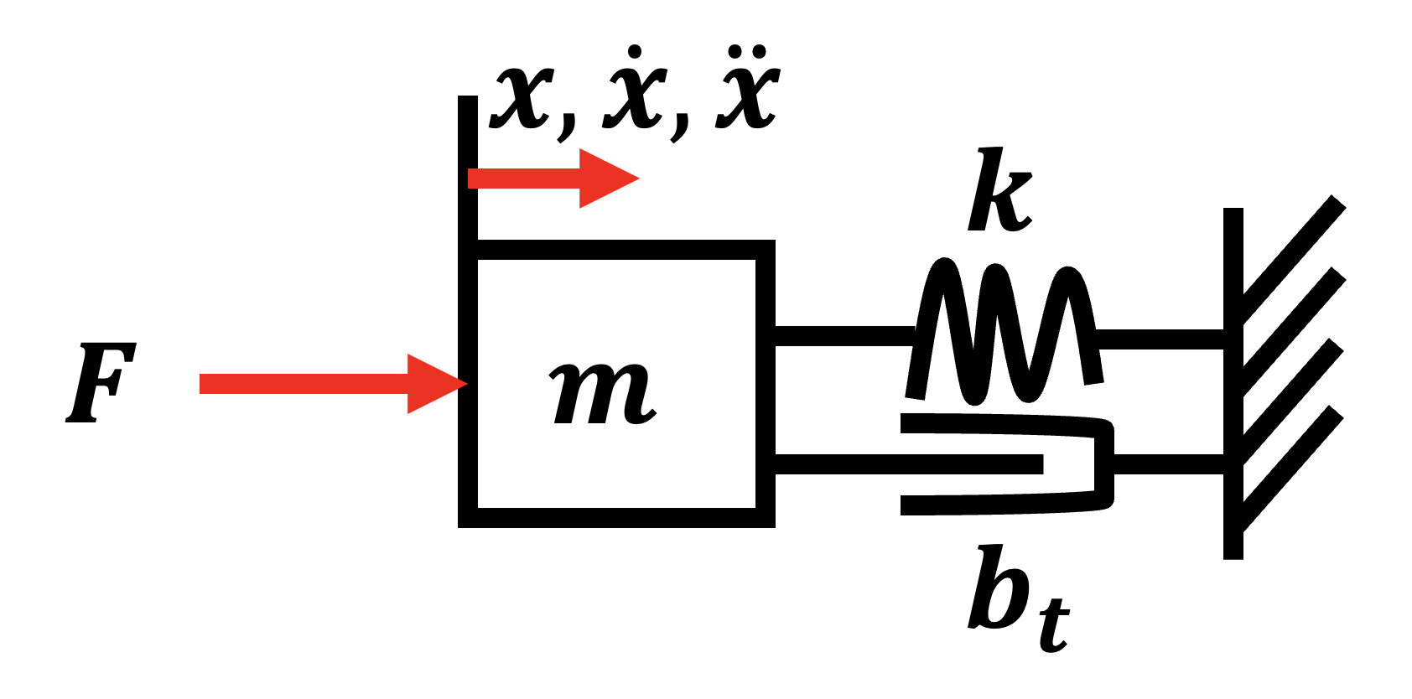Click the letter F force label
(101, 382)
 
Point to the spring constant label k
(1000, 189)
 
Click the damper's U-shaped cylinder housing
(1008, 464)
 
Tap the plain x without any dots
(522, 97)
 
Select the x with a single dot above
(635, 88)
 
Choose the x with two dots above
(748, 88)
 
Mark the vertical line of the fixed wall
(1233, 383)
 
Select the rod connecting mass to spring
(844, 336)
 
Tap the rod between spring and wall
(1160, 339)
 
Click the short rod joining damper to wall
(1169, 463)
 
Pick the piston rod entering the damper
(909, 463)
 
